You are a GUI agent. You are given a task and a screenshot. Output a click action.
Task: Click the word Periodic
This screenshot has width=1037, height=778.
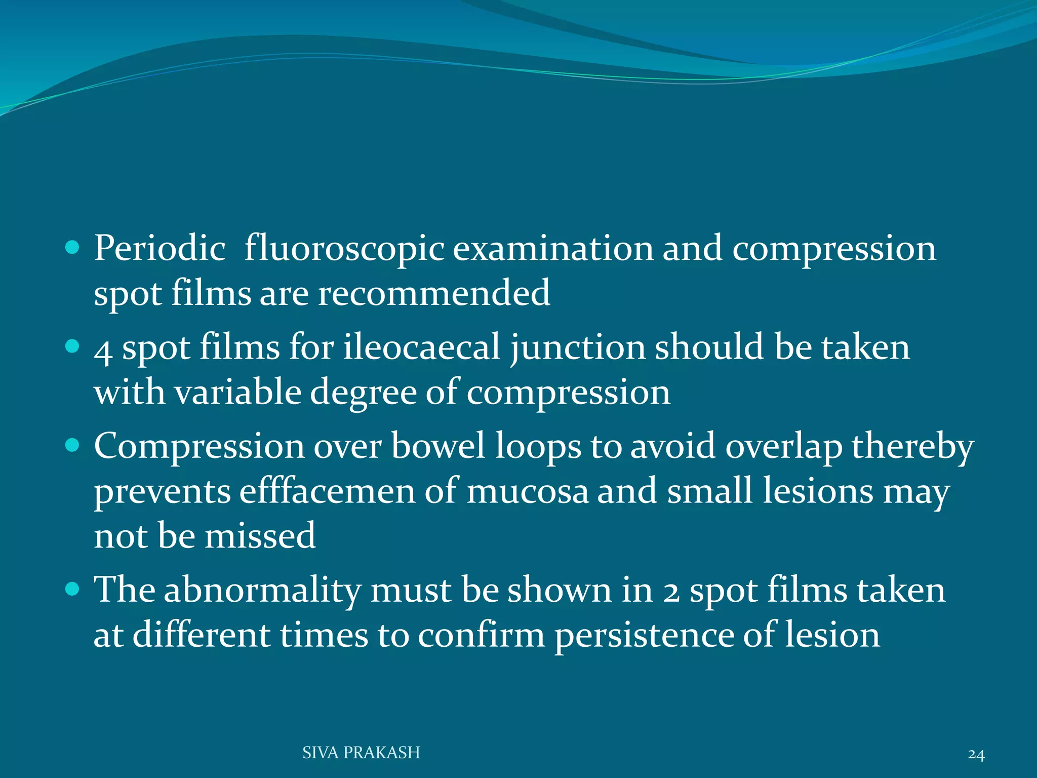pos(160,249)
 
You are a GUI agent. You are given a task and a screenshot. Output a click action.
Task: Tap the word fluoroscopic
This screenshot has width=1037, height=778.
pos(344,249)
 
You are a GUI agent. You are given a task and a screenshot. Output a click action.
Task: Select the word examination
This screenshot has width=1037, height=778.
pos(553,249)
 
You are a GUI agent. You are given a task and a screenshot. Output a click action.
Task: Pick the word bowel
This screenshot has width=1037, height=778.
pos(438,446)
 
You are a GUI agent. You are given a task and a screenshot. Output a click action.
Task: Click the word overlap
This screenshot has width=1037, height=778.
pos(783,447)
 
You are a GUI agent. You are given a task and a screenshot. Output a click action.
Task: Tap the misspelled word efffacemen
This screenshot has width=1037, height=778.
pos(327,491)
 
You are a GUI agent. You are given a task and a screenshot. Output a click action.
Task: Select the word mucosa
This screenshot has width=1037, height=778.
pos(527,491)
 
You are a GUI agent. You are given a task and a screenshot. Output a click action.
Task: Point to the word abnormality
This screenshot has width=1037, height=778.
pos(262,591)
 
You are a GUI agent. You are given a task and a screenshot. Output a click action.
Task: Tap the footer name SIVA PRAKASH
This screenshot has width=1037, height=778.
pos(361,753)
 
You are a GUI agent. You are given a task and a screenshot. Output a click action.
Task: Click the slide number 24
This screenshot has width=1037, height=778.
pos(976,755)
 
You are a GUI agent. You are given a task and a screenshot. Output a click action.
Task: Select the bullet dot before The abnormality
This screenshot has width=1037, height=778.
pos(73,589)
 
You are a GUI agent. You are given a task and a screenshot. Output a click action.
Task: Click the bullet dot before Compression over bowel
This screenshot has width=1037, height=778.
pos(73,445)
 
